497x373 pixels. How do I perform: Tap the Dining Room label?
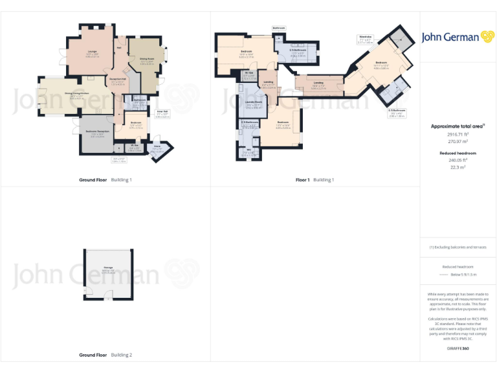pyautogui.click(x=146, y=62)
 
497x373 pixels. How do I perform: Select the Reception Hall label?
pyautogui.click(x=118, y=80)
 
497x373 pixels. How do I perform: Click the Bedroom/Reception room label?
pyautogui.click(x=98, y=134)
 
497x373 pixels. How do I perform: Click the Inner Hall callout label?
pyautogui.click(x=162, y=115)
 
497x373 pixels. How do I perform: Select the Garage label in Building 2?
pyautogui.click(x=108, y=269)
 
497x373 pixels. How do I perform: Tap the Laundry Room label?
pyautogui.click(x=254, y=104)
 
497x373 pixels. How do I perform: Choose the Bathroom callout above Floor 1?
pyautogui.click(x=279, y=28)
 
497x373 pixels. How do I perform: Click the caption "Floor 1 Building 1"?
pyautogui.click(x=315, y=179)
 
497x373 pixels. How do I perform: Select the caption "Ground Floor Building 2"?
pyautogui.click(x=105, y=355)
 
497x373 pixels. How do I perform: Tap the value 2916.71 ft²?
pyautogui.click(x=458, y=134)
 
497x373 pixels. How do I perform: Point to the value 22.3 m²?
pyautogui.click(x=458, y=167)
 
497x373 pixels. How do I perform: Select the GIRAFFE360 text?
pyautogui.click(x=458, y=349)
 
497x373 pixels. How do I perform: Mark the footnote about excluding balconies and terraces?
pyautogui.click(x=458, y=247)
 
